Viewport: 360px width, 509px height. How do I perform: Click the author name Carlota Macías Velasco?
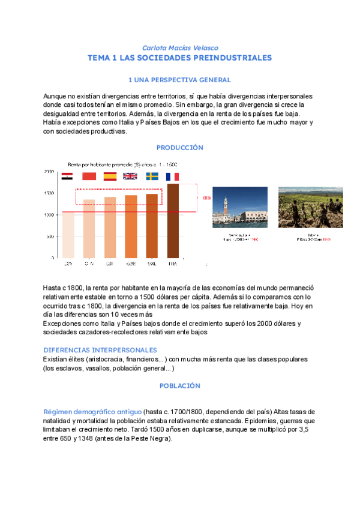(x=179, y=47)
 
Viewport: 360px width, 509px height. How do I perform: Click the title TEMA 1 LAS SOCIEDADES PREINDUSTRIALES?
(x=179, y=58)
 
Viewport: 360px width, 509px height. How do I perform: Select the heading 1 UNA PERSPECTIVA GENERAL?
(x=179, y=80)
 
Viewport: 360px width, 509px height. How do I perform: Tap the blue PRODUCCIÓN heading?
(x=179, y=147)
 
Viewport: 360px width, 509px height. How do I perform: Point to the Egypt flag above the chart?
(x=67, y=176)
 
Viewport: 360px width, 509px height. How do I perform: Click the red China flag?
(x=89, y=176)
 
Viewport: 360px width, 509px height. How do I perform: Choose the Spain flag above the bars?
(x=110, y=176)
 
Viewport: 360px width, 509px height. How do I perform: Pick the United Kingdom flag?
(x=130, y=176)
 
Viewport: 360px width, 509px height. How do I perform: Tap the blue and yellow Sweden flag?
(x=152, y=176)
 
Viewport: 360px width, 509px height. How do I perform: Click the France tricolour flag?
(x=173, y=176)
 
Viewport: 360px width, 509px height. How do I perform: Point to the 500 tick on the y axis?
(x=50, y=236)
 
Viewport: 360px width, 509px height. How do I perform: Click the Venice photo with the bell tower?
(x=240, y=207)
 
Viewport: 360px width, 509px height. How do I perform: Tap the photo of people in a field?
(x=310, y=207)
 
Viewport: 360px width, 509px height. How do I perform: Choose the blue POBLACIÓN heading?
(x=179, y=386)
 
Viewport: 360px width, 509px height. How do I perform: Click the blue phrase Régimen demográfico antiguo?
(x=92, y=411)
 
